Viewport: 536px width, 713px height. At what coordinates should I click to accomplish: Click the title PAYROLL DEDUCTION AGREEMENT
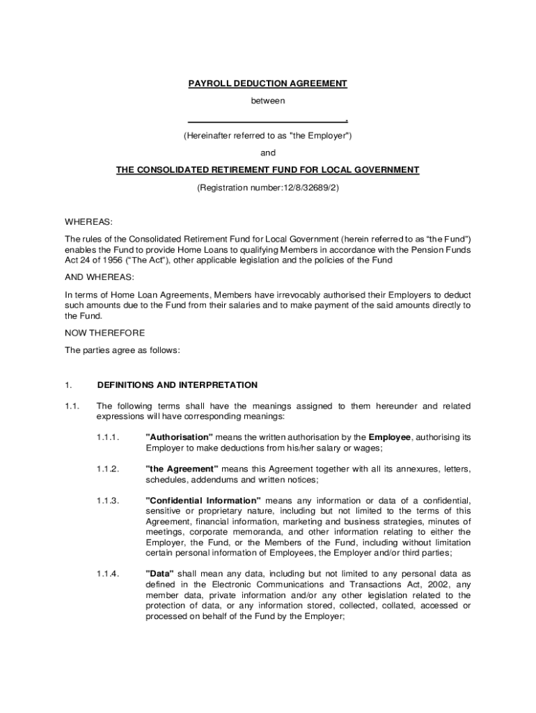pos(267,84)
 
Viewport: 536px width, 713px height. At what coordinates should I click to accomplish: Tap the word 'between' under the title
pos(268,101)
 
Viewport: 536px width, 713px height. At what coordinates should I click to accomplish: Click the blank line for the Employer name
pos(267,120)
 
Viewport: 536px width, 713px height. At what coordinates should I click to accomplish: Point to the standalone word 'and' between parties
pos(268,152)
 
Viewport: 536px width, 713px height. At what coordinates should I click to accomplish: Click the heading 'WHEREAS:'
pos(88,222)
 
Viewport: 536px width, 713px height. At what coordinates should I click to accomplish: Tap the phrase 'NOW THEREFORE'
pos(105,333)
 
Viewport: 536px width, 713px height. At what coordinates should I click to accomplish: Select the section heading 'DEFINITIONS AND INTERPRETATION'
pos(178,385)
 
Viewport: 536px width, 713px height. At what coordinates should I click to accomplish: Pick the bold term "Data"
pos(159,574)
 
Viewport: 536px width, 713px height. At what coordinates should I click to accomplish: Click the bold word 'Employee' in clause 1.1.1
pos(391,437)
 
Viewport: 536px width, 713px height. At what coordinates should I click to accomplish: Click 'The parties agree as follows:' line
pos(123,350)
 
